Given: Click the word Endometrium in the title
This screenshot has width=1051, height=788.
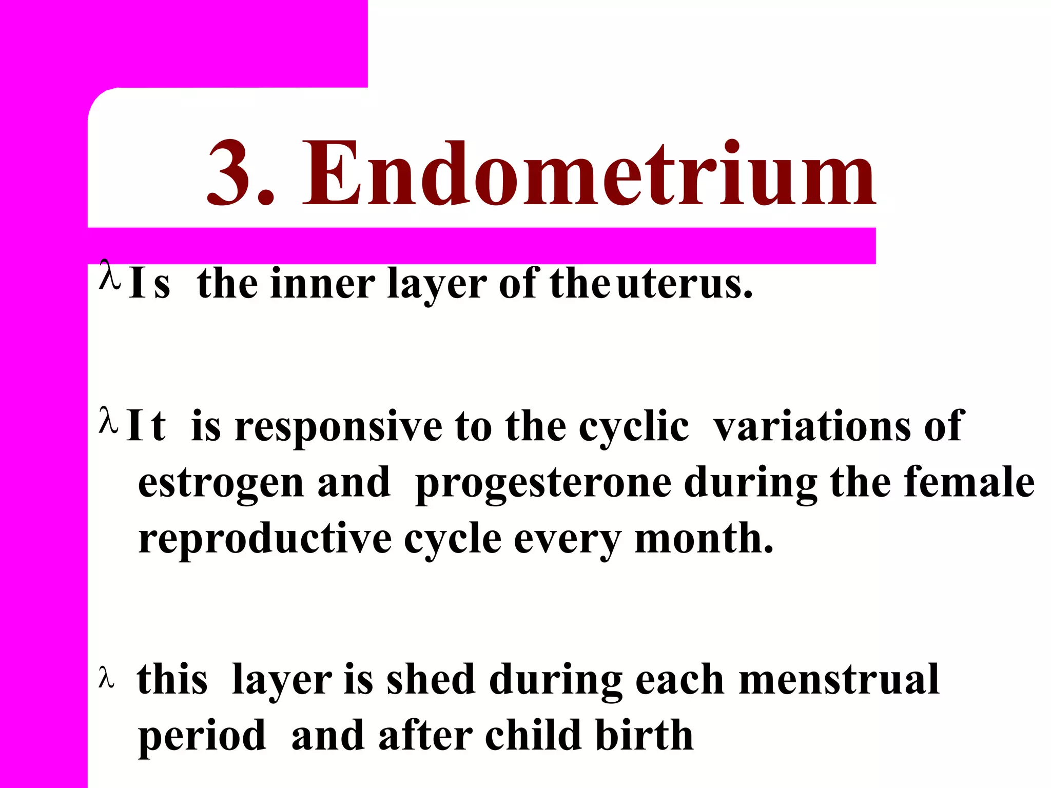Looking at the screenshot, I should click(590, 174).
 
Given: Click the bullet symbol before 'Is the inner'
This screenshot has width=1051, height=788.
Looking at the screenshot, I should click(109, 275).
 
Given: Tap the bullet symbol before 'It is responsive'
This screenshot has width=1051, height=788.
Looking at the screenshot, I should click(108, 421).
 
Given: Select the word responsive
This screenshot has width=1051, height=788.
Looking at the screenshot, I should click(338, 427).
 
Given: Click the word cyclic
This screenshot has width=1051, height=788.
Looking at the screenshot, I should click(634, 427).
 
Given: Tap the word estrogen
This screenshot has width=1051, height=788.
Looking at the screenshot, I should click(221, 483).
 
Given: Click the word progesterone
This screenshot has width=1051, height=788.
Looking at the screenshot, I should click(543, 483).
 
